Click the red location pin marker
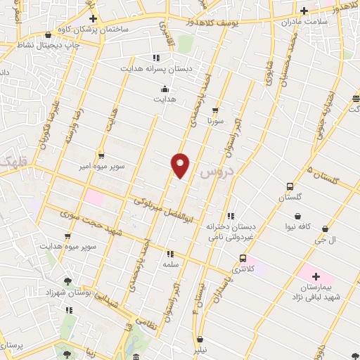coord(181,165)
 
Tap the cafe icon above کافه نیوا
coord(299,216)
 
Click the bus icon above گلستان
coord(290,186)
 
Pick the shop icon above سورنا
coord(215,110)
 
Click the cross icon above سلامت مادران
coord(304,11)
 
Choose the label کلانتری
coord(244,269)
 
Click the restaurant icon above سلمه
coord(169,254)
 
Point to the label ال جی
coord(326,240)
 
